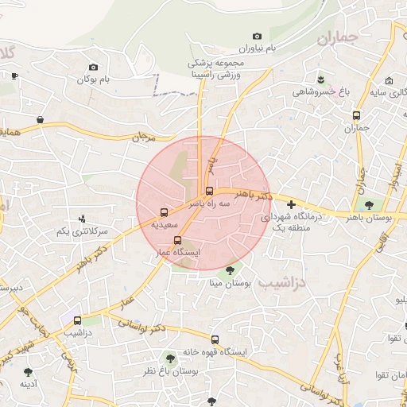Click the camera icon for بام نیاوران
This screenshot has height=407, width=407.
pyautogui.click(x=257, y=37)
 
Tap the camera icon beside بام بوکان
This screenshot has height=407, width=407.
pyautogui.click(x=94, y=67)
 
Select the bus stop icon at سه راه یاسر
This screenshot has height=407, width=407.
pyautogui.click(x=209, y=191)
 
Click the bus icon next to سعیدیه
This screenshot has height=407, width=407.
pyautogui.click(x=164, y=212)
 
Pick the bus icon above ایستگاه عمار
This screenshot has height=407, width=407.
pyautogui.click(x=177, y=238)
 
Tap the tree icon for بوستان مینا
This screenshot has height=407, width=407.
pyautogui.click(x=231, y=270)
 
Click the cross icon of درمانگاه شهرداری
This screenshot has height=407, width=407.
pyautogui.click(x=291, y=204)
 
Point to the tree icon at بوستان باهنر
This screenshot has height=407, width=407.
pyautogui.click(x=366, y=204)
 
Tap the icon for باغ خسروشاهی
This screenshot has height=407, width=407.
pyautogui.click(x=320, y=79)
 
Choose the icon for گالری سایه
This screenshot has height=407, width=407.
pyautogui.click(x=390, y=81)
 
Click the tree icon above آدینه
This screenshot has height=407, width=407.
pyautogui.click(x=29, y=371)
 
